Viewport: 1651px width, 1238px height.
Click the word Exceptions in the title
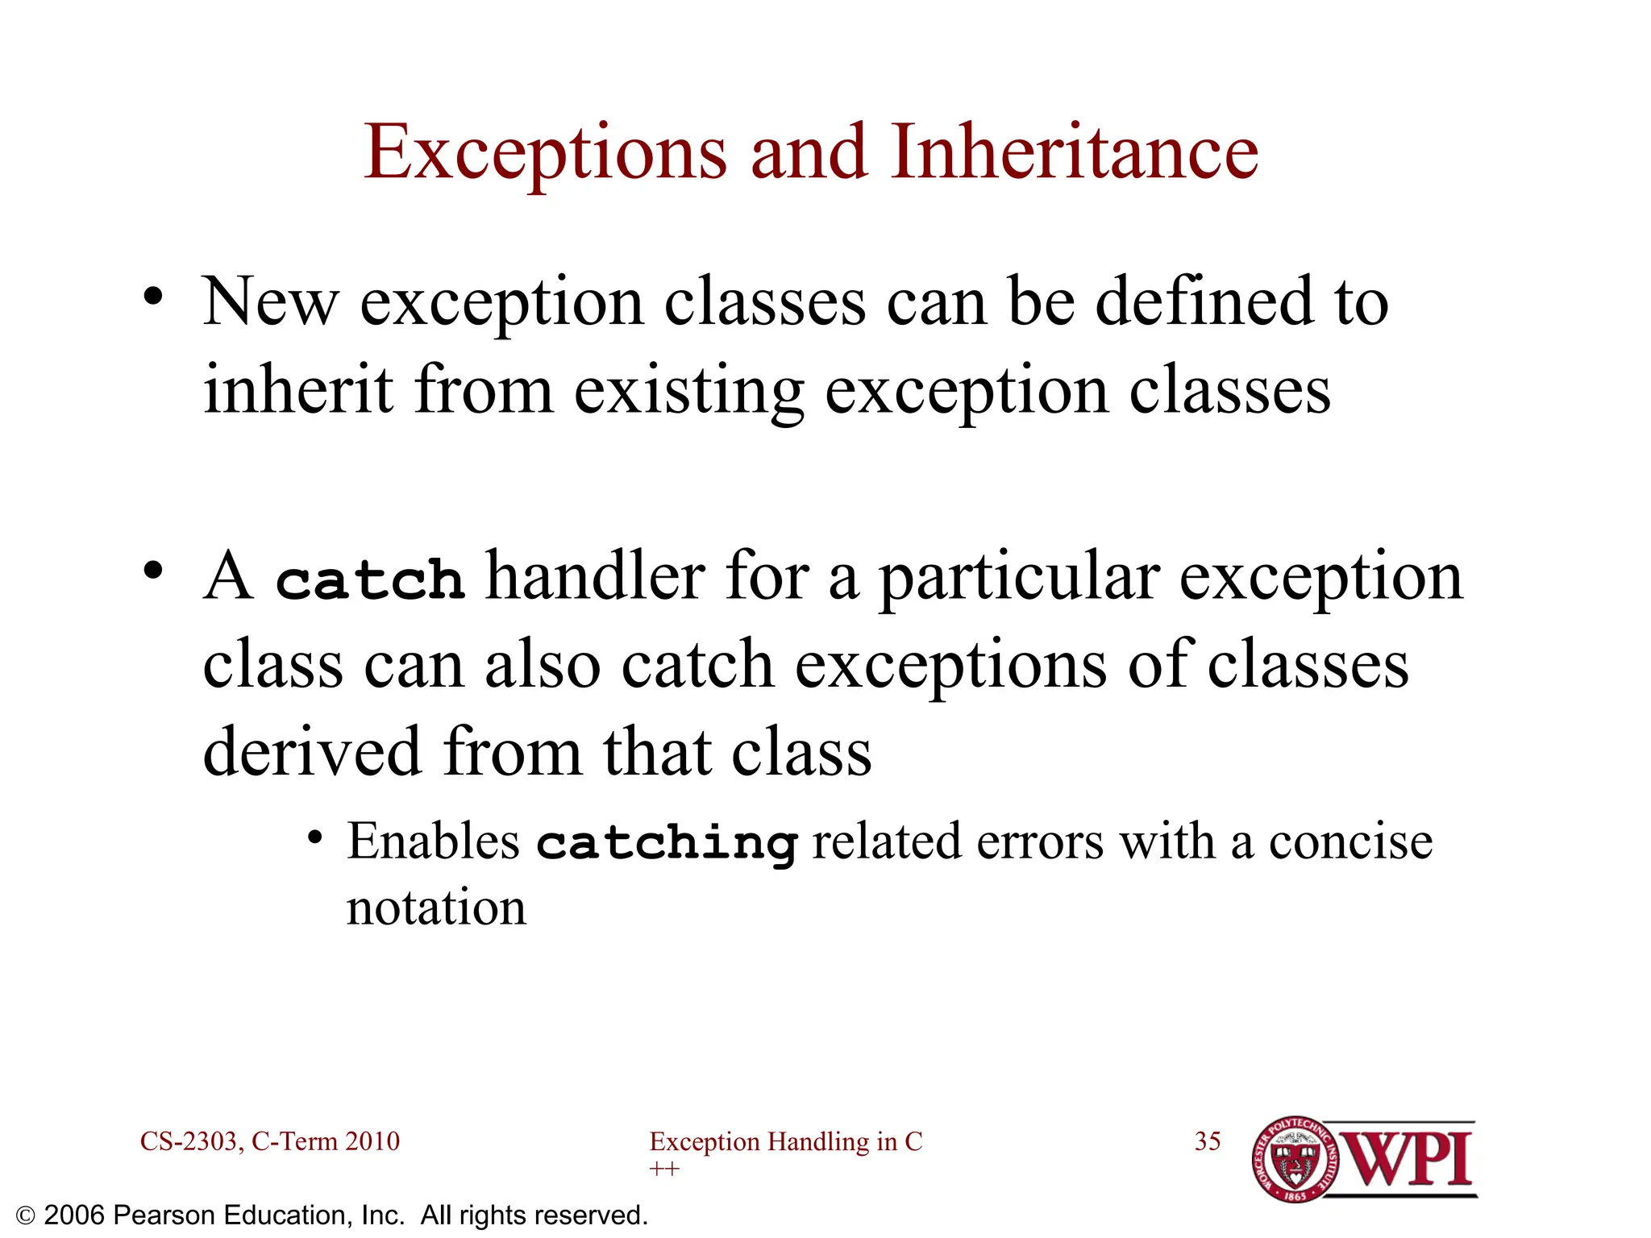(545, 153)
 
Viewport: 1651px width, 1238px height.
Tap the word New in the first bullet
(269, 302)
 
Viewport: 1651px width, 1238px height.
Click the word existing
(688, 392)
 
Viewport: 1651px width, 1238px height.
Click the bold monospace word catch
(370, 580)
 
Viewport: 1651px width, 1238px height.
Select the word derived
(312, 751)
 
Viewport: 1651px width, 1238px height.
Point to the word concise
(1350, 842)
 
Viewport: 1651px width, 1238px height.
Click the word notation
(436, 908)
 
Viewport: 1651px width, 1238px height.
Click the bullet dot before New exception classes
(152, 297)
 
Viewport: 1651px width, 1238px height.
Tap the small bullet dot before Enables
(315, 839)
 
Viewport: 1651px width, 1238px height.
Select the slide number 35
(1207, 1141)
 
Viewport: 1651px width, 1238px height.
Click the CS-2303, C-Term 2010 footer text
(269, 1141)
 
